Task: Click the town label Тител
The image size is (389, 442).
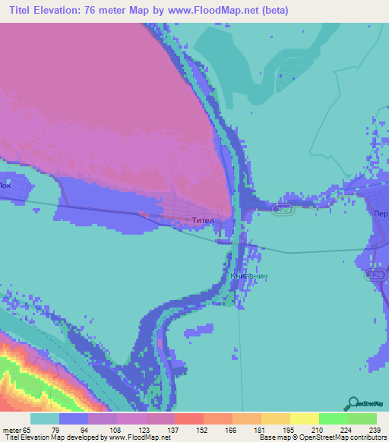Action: (203, 221)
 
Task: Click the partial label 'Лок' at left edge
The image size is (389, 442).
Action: (6, 185)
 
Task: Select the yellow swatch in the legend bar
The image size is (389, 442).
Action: (303, 418)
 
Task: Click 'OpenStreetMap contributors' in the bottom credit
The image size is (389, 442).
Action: (341, 437)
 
